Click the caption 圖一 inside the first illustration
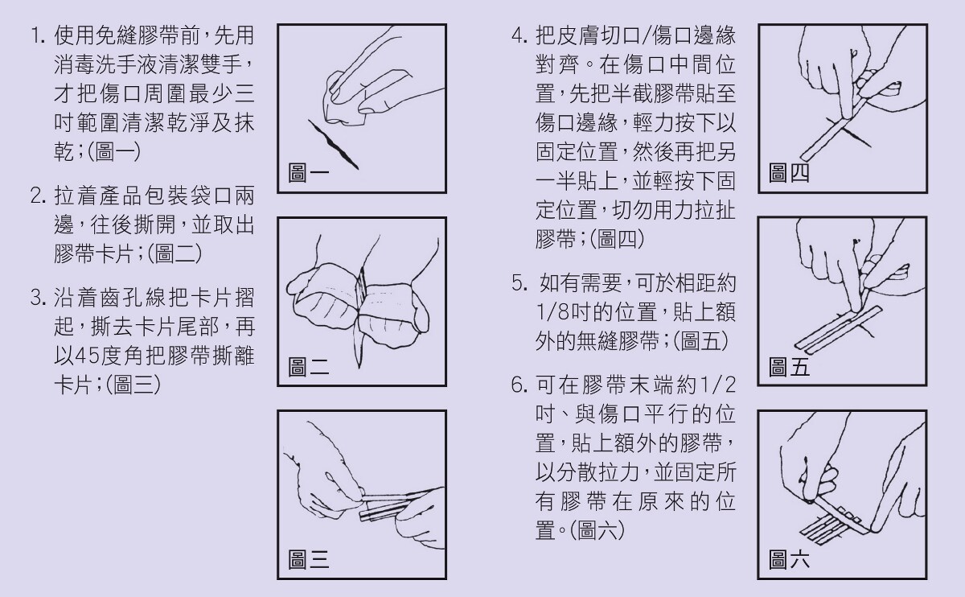pyautogui.click(x=309, y=173)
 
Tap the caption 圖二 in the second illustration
pyautogui.click(x=309, y=367)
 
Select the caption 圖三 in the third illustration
pyautogui.click(x=309, y=559)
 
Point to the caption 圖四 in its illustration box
pyautogui.click(x=789, y=173)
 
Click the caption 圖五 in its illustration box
pyautogui.click(x=789, y=367)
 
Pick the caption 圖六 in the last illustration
pyautogui.click(x=789, y=559)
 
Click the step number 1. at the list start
pyautogui.click(x=38, y=35)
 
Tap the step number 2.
pyautogui.click(x=38, y=196)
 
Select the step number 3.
pyautogui.click(x=38, y=298)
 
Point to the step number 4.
pyautogui.click(x=519, y=35)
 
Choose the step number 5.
pyautogui.click(x=519, y=282)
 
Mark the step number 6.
pyautogui.click(x=519, y=385)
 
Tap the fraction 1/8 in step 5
pyautogui.click(x=552, y=311)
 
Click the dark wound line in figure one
pyautogui.click(x=333, y=144)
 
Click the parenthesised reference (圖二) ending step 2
pyautogui.click(x=175, y=253)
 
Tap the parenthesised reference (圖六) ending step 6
pyautogui.click(x=597, y=530)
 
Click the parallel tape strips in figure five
pyautogui.click(x=838, y=327)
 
